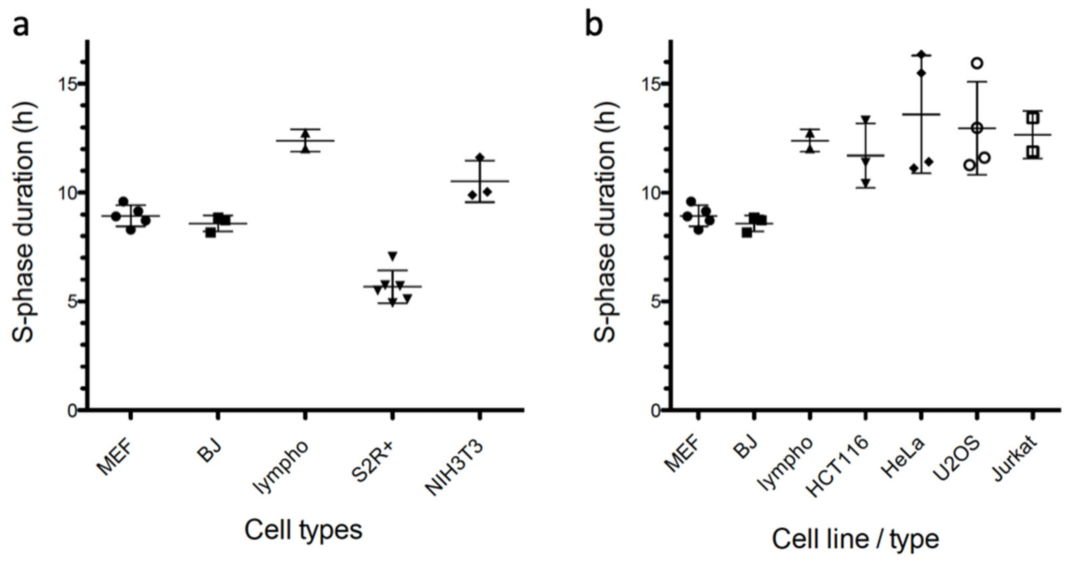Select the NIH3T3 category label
click(x=456, y=469)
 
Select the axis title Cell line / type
click(x=855, y=539)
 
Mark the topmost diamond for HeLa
click(x=921, y=54)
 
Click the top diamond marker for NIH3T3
click(x=480, y=157)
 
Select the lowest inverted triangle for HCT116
click(x=866, y=182)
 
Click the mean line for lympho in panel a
click(x=305, y=141)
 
